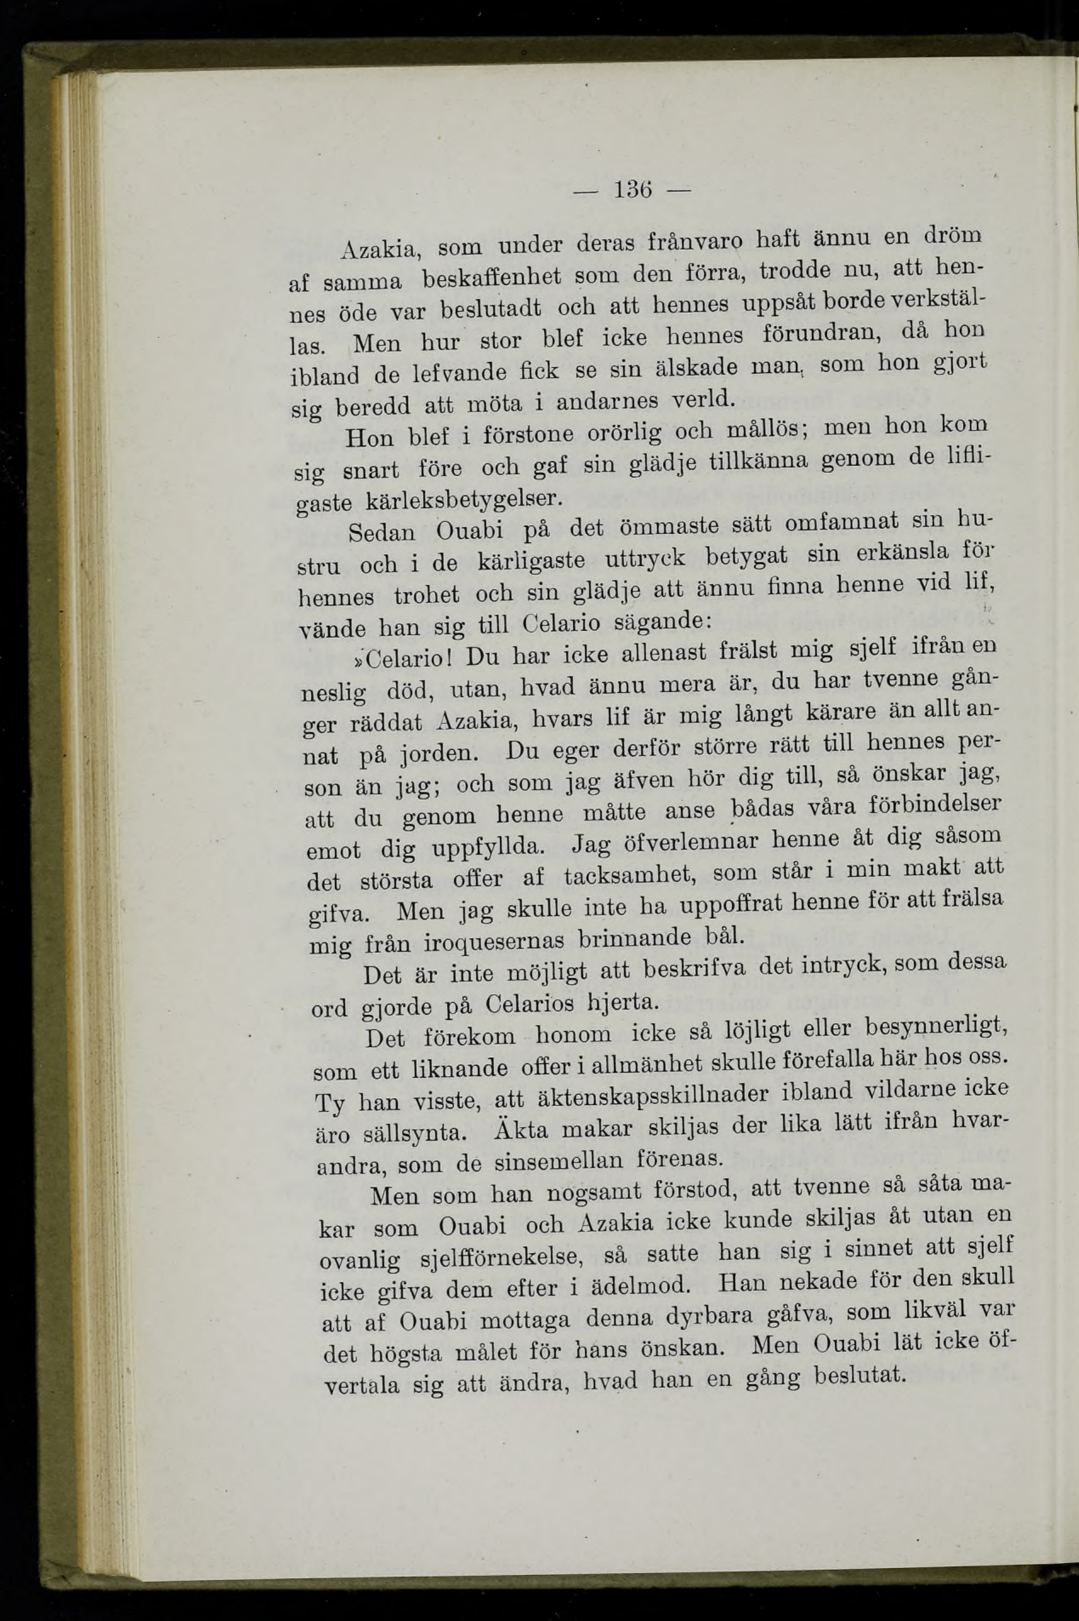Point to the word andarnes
(605, 402)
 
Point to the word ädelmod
(639, 1286)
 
